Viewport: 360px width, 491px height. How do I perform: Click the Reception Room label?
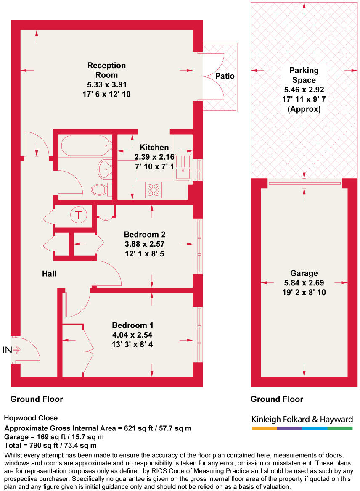[x=106, y=70]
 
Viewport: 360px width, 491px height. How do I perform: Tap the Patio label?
[x=225, y=76]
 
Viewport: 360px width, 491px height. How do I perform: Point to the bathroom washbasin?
[x=104, y=169]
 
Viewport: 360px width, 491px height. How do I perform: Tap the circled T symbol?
[x=78, y=215]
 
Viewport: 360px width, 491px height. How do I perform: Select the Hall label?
[x=49, y=274]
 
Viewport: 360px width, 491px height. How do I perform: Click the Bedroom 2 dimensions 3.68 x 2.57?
[x=144, y=244]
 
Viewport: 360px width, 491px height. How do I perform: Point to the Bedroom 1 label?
[x=132, y=325]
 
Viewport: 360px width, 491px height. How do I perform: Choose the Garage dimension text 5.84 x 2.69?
[x=304, y=283]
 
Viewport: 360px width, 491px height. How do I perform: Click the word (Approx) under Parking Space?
[x=304, y=109]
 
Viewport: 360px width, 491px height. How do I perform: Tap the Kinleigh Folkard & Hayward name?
[x=302, y=419]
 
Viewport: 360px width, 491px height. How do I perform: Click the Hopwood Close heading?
[x=31, y=418]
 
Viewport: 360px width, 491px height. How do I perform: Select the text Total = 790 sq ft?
[x=34, y=445]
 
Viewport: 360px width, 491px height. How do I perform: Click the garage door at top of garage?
[x=304, y=183]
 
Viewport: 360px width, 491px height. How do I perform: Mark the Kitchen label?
[x=154, y=147]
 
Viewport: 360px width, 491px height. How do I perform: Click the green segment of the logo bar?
[x=340, y=428]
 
